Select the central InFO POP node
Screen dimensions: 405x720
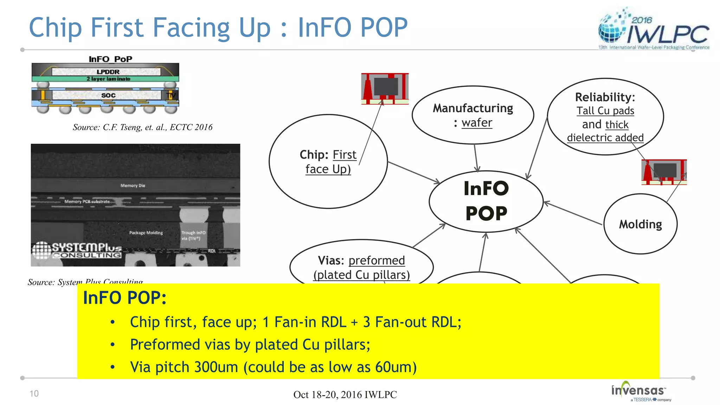pos(486,201)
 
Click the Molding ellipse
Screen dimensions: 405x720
pos(640,224)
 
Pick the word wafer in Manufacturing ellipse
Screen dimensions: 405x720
pos(477,123)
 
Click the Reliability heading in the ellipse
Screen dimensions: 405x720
pos(605,97)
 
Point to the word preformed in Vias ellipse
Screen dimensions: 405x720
pos(377,261)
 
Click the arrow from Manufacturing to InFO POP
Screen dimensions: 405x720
pos(476,158)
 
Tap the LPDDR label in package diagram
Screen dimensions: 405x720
pos(108,72)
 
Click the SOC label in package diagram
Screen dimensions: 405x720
pos(108,95)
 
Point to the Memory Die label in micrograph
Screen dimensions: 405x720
pos(133,185)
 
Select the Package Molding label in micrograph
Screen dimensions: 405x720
pos(146,233)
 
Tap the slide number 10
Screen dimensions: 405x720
pos(34,393)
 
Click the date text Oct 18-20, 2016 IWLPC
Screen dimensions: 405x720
pos(345,394)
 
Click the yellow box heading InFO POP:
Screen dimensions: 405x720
pos(124,298)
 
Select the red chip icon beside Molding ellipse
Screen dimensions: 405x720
pos(664,172)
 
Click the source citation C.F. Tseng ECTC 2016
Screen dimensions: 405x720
pos(142,127)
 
